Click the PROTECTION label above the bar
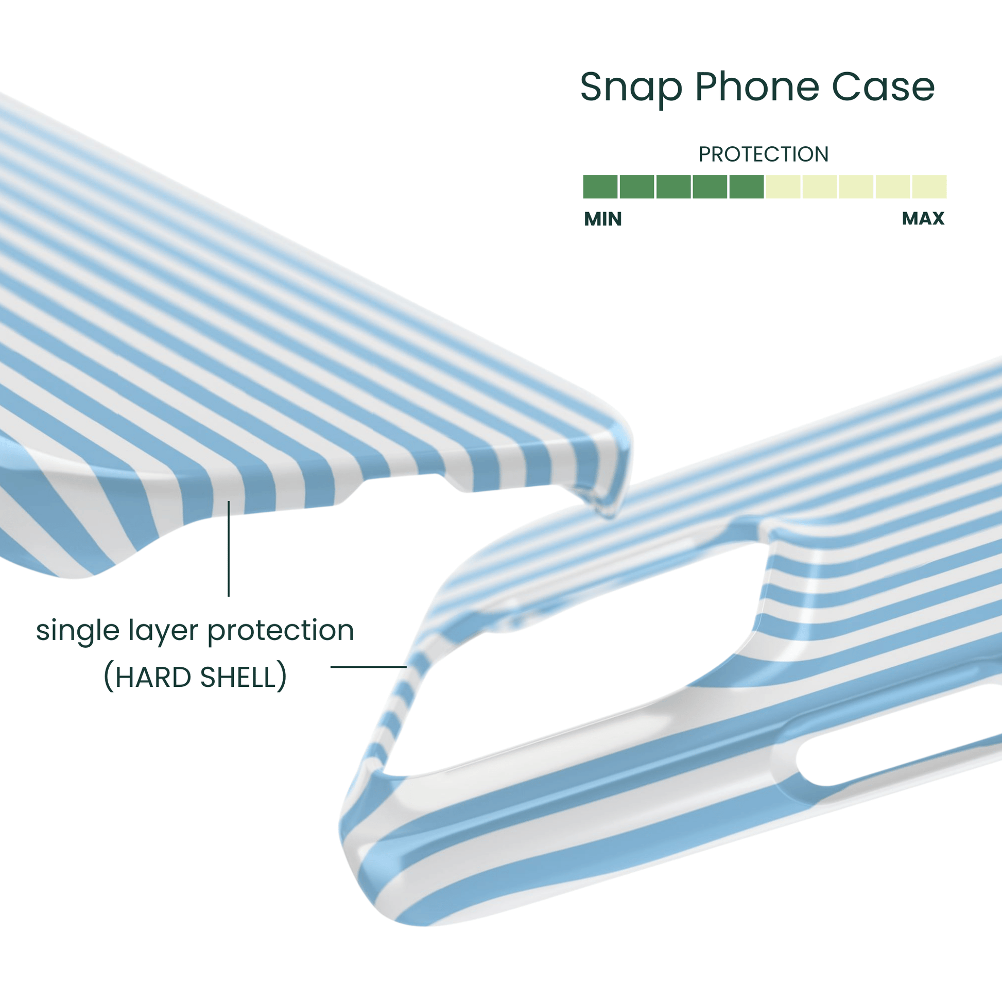pyautogui.click(x=764, y=154)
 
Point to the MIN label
pyautogui.click(x=602, y=219)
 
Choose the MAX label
pyautogui.click(x=923, y=218)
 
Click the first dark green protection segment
pyautogui.click(x=600, y=187)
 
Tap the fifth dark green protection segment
pyautogui.click(x=746, y=187)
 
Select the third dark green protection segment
pyautogui.click(x=673, y=187)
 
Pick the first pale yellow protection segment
pyautogui.click(x=783, y=187)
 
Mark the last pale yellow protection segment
pyautogui.click(x=929, y=187)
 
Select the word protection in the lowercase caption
pyautogui.click(x=281, y=631)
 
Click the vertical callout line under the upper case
pyautogui.click(x=229, y=550)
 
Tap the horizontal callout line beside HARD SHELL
pyautogui.click(x=368, y=666)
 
